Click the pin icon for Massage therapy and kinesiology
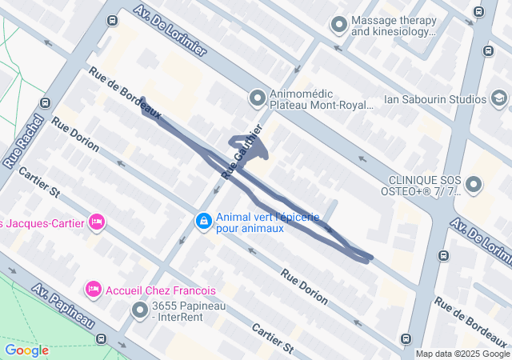pos(339,26)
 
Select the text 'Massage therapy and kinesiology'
pos(394,26)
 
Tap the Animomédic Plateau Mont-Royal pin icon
pos(257,98)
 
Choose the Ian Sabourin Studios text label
pos(424,99)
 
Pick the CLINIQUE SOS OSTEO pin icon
pos(474,186)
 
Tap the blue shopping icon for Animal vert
pos(204,220)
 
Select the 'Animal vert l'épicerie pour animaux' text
pos(267,222)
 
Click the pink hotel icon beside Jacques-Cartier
pos(97,222)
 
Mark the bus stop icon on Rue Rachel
pos(46,102)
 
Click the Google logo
pos(26,350)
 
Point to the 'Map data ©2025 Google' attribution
pos(462,354)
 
